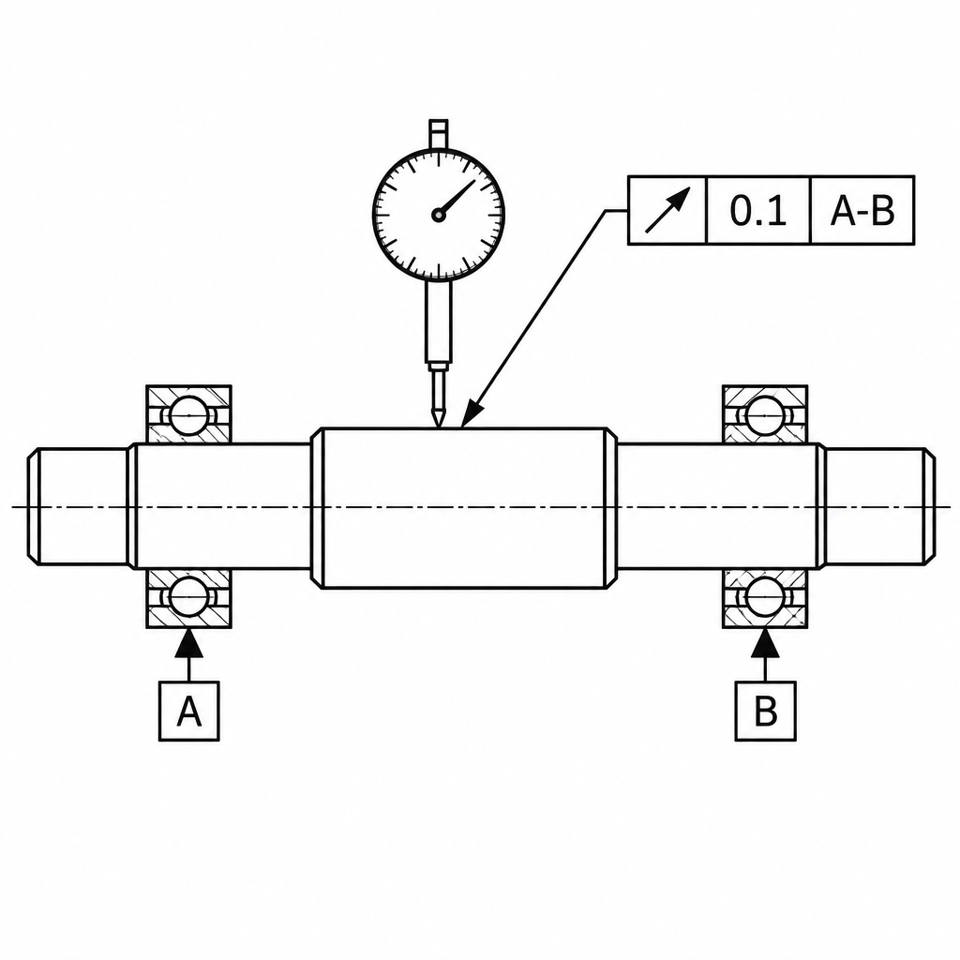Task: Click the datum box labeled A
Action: coord(189,711)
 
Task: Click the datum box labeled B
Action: coord(765,711)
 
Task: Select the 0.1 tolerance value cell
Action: coord(758,211)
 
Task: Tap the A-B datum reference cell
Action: coord(862,211)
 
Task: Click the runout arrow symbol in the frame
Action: coord(667,211)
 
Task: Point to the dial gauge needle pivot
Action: coord(438,215)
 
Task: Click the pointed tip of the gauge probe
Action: coord(439,426)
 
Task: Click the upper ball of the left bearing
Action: coord(189,415)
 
